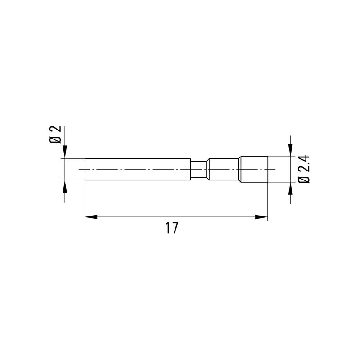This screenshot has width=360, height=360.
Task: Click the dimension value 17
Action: click(x=171, y=228)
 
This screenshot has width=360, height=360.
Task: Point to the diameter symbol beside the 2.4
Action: click(x=304, y=179)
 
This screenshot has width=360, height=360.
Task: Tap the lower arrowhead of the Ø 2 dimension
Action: click(x=65, y=186)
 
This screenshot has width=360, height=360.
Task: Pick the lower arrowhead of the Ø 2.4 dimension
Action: click(x=290, y=188)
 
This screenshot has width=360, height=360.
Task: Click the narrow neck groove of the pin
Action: click(x=198, y=169)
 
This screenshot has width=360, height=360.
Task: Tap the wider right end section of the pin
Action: click(x=254, y=169)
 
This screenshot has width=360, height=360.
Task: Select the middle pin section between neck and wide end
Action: click(x=224, y=169)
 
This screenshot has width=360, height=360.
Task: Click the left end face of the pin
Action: click(x=85, y=169)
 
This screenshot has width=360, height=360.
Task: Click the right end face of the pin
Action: click(x=268, y=169)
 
